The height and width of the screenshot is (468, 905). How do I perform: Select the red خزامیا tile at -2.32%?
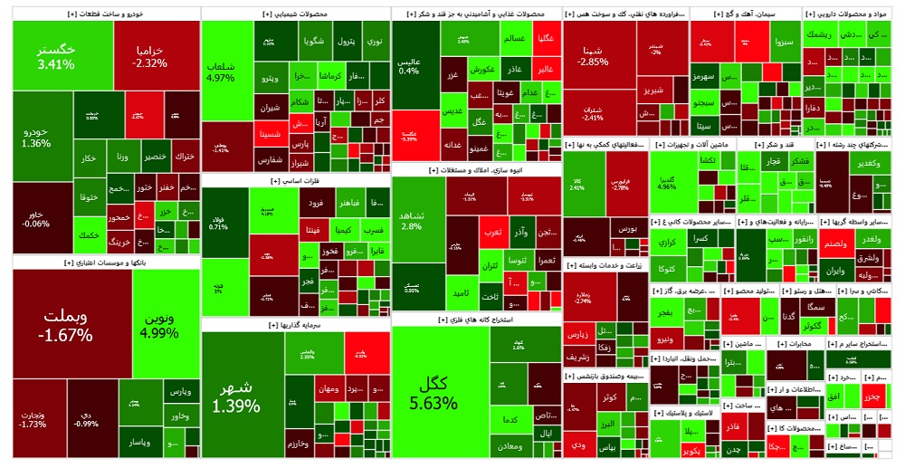[148, 56]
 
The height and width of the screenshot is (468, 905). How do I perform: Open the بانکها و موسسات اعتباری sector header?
[100, 263]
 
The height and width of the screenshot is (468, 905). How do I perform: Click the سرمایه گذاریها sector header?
[294, 324]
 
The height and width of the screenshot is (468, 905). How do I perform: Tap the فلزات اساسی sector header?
[294, 181]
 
